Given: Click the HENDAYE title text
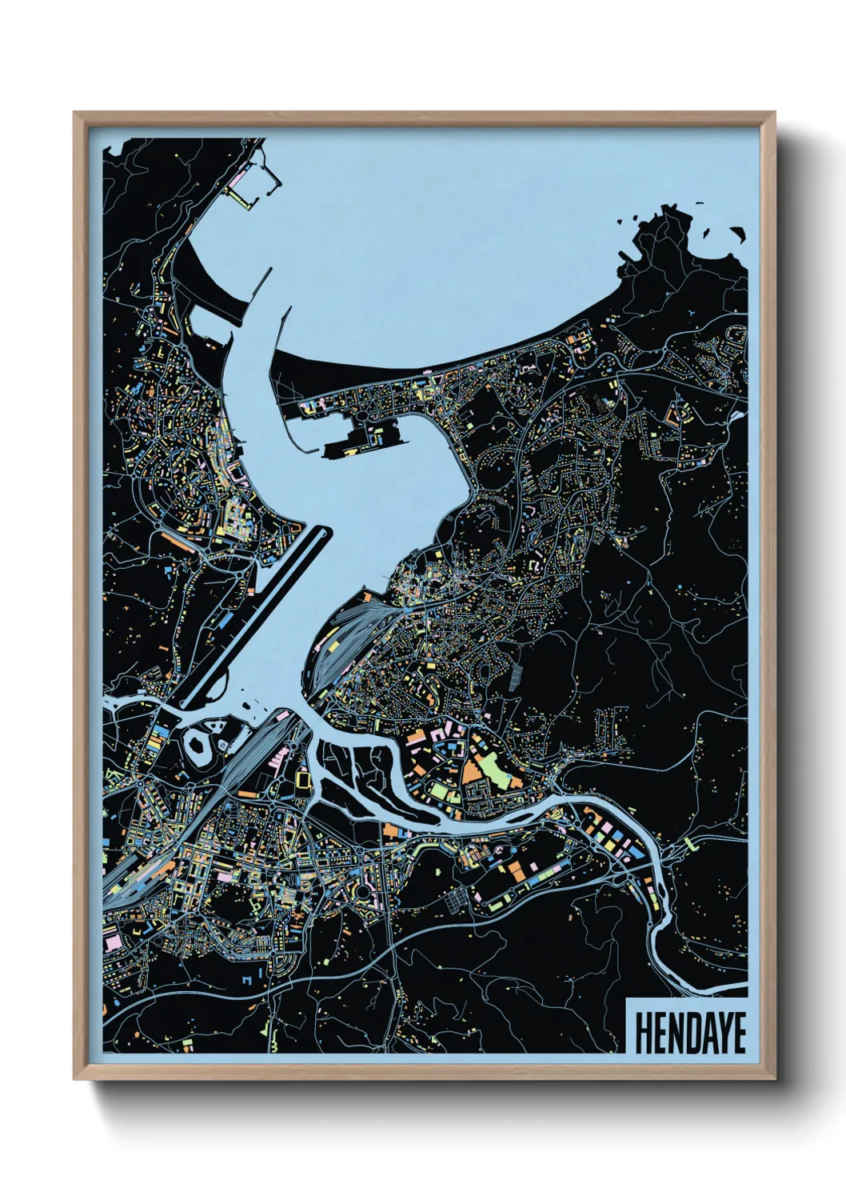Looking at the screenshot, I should pyautogui.click(x=690, y=1033).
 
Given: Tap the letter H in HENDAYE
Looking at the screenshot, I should pyautogui.click(x=643, y=1033).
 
